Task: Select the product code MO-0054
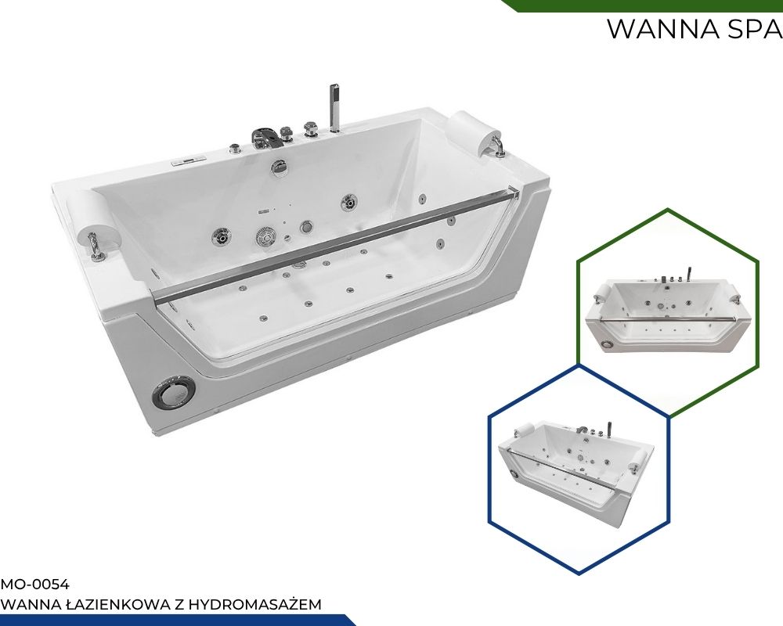tap(35, 584)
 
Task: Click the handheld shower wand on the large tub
tap(334, 108)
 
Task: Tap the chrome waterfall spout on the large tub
tap(265, 138)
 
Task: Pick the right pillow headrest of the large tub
tap(475, 130)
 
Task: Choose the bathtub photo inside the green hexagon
tap(668, 311)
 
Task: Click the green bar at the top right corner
tap(643, 5)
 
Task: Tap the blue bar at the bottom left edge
tap(175, 621)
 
